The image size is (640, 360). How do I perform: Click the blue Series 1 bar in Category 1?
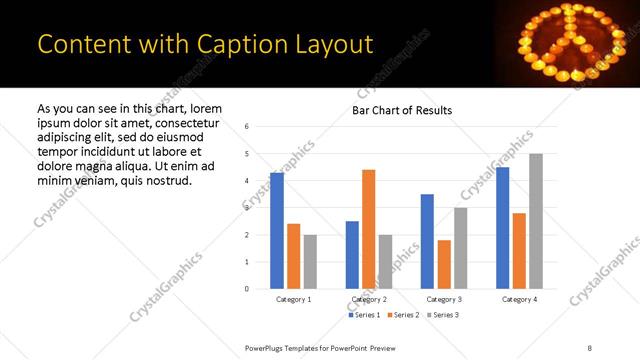(x=277, y=231)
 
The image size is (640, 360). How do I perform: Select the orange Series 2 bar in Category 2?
(x=369, y=229)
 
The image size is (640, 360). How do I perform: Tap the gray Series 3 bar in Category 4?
(x=536, y=221)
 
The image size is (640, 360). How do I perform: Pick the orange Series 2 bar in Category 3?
(x=444, y=264)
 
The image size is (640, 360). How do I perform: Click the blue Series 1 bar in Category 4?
(x=502, y=228)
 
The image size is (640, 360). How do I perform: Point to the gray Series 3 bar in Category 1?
(x=310, y=262)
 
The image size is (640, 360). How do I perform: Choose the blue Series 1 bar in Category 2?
(x=352, y=255)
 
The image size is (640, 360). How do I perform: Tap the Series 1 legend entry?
(x=363, y=315)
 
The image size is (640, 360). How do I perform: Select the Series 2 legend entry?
(x=402, y=315)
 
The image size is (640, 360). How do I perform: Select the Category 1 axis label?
(x=293, y=299)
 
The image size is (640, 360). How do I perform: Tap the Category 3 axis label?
(x=444, y=299)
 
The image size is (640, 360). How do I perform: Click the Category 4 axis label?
(x=519, y=299)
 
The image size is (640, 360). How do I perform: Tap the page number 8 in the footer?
(x=589, y=347)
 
